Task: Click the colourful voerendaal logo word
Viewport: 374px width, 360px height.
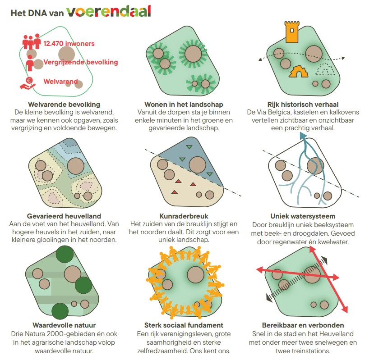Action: pos(109,11)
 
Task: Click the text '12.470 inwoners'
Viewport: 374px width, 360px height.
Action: pos(69,44)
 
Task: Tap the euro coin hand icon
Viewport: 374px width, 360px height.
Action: pos(28,83)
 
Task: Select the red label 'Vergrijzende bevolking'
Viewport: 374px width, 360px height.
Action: pos(81,62)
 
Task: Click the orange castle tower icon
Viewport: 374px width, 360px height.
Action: pos(292,32)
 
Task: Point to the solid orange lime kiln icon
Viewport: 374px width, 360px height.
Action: pos(298,72)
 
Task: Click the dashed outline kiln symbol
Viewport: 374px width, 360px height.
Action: pos(325,69)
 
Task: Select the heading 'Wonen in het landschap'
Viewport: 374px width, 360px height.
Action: pos(184,105)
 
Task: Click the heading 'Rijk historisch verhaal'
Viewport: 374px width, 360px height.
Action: pos(303,105)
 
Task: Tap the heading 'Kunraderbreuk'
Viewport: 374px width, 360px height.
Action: pos(184,216)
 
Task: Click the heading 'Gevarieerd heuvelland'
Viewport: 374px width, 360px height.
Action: pos(64,216)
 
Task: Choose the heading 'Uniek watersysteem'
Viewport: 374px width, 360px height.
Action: pos(303,216)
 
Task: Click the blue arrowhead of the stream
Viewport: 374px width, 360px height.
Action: pos(303,136)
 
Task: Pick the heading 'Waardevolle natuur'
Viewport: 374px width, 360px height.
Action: pos(64,325)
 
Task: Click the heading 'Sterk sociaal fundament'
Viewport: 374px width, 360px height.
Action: pos(184,325)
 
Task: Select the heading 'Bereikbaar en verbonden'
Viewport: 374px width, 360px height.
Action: pos(303,325)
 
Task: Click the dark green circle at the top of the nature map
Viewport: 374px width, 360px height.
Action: pos(65,255)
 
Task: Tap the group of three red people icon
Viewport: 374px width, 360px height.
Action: pos(32,41)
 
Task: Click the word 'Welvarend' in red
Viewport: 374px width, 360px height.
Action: pos(60,82)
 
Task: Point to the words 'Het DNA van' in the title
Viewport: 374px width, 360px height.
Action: pos(37,13)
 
